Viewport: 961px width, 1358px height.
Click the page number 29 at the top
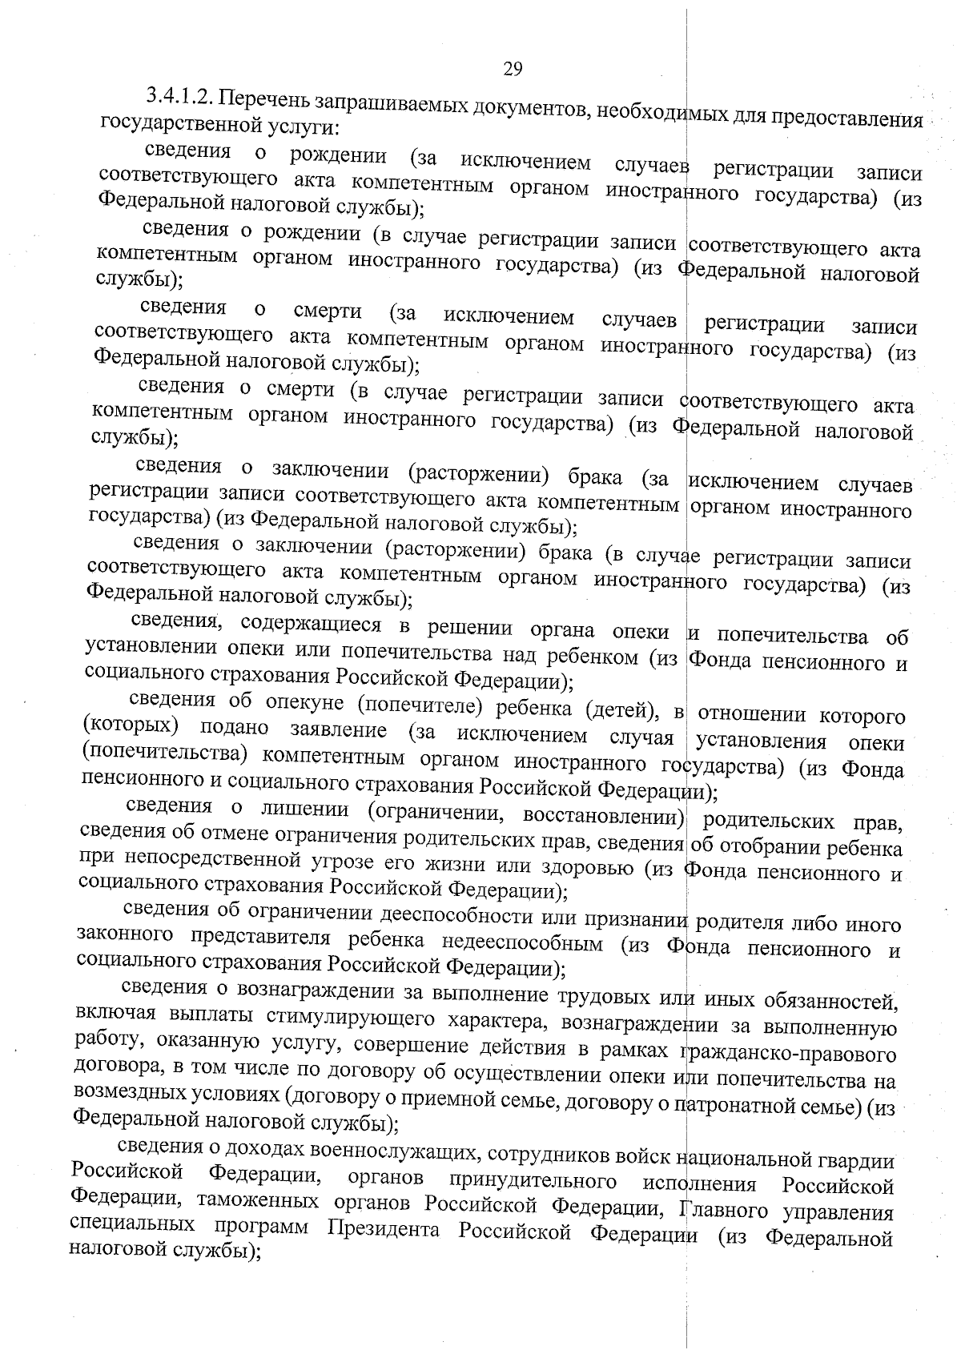coord(513,69)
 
